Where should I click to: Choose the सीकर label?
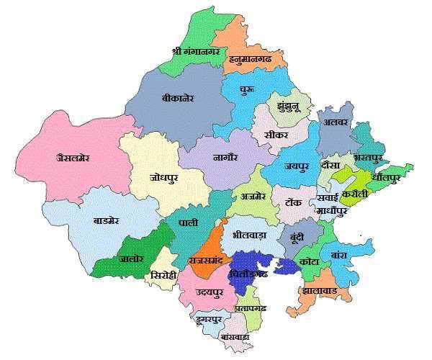[x=276, y=134]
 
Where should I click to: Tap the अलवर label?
[x=336, y=122]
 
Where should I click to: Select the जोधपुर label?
[x=163, y=176]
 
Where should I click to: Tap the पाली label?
[x=188, y=224]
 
